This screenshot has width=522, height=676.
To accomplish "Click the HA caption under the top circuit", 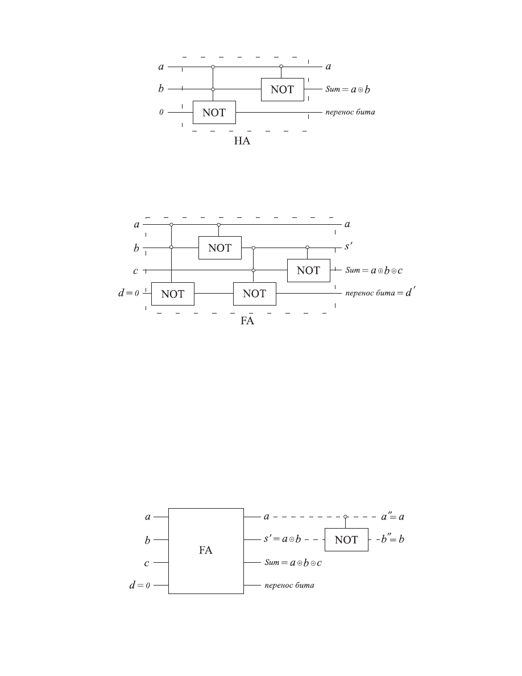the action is click(242, 141).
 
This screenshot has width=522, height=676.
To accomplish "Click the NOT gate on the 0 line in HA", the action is click(214, 113).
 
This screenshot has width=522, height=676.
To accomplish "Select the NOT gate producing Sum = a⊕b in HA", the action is click(283, 90).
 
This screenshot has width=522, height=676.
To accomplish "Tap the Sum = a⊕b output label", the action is click(347, 89).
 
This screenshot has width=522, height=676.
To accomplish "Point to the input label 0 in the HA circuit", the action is click(161, 112).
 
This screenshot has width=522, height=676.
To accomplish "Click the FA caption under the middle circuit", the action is click(247, 321).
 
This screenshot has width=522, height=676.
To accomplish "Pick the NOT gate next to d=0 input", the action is click(173, 294).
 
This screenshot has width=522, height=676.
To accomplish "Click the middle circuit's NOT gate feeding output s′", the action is click(219, 248).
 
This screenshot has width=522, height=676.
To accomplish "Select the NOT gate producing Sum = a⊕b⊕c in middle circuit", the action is click(308, 271).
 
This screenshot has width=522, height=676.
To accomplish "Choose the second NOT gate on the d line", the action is click(255, 294).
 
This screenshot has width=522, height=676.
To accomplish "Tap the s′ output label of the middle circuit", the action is click(349, 246).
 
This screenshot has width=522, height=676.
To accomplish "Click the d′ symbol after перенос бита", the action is click(411, 292).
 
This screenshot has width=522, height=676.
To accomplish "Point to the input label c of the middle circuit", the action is click(136, 271).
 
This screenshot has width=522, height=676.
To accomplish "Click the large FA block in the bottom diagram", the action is click(206, 551).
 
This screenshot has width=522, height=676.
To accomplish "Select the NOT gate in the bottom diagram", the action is click(346, 540).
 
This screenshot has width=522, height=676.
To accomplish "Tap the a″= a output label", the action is click(393, 517).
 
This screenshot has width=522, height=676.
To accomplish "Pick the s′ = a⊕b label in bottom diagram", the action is click(282, 539).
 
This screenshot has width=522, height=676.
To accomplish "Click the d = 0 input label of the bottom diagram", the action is click(140, 585).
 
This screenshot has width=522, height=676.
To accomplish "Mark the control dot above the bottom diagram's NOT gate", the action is click(345, 517).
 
